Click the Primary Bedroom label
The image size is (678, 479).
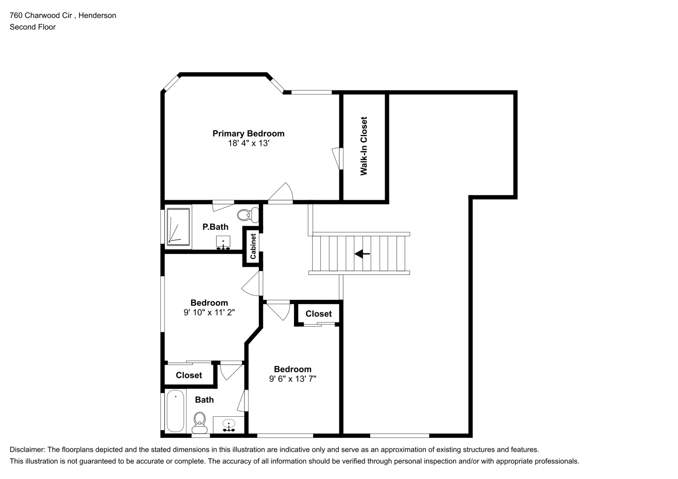click(248, 134)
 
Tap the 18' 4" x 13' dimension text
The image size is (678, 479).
click(248, 143)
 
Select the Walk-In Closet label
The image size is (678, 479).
click(363, 146)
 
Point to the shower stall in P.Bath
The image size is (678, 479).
click(178, 227)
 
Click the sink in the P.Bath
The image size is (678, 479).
click(223, 243)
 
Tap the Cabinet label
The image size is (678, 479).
click(253, 247)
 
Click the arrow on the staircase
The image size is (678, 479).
click(362, 254)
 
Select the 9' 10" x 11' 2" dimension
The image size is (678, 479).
click(209, 312)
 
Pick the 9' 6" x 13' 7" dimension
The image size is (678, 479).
click(292, 379)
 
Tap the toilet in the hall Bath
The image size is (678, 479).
click(199, 422)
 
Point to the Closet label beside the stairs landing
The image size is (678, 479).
click(318, 314)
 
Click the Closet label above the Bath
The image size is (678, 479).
click(189, 375)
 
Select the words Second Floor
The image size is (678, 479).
click(33, 27)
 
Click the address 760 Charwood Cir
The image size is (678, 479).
click(41, 15)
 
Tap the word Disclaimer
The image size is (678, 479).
click(27, 450)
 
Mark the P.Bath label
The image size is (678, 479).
click(215, 227)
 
